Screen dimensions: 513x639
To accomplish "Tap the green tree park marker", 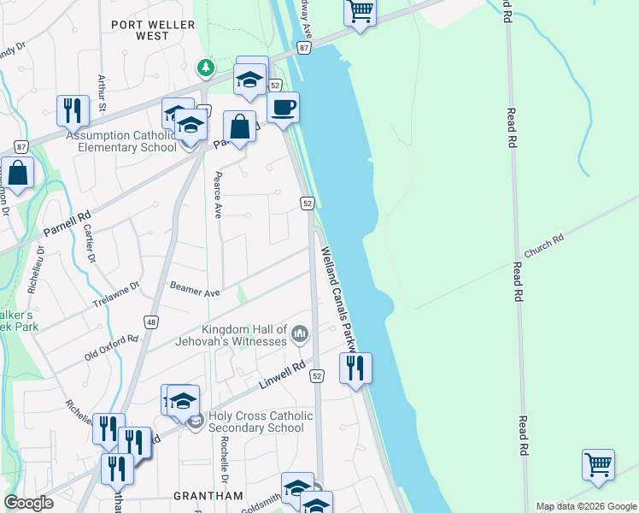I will click(x=205, y=67).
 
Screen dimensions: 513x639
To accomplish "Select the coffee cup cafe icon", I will click(x=283, y=108).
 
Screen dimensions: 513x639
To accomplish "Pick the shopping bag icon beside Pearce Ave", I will click(x=240, y=127).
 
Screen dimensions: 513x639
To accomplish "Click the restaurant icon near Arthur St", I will click(x=73, y=110).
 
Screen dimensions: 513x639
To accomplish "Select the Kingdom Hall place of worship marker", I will click(x=299, y=333).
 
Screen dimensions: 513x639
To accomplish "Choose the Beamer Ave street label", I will click(x=195, y=290).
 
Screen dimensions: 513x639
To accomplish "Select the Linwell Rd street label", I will click(x=282, y=376).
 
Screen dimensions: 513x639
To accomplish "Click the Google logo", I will click(x=29, y=503).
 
